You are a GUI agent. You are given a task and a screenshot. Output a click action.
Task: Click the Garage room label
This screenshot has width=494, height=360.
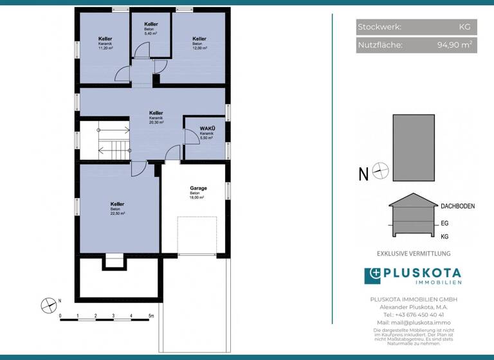[x=198, y=188]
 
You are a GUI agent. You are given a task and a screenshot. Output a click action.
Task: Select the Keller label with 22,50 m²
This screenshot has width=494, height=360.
[x=116, y=204]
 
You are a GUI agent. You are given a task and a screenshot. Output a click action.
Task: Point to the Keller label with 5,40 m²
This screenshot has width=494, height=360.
[x=151, y=24]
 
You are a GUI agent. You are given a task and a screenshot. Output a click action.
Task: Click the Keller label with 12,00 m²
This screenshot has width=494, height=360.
[x=199, y=39]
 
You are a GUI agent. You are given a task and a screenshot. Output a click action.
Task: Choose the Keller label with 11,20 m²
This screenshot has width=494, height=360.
[x=105, y=39]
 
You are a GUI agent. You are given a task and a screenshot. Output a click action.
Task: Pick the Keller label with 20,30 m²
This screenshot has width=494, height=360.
[x=156, y=113]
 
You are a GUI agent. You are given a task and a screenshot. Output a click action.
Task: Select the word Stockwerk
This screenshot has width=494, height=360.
[x=380, y=27]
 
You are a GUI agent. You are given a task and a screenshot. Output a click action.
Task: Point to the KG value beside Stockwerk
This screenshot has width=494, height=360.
[x=464, y=27]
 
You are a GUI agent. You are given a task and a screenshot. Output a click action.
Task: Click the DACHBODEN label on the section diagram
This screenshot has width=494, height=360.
[x=457, y=206]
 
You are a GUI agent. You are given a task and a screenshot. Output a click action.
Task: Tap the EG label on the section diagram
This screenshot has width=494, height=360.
[x=444, y=224]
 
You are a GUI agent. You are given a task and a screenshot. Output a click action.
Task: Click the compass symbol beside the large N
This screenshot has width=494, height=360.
[x=381, y=172]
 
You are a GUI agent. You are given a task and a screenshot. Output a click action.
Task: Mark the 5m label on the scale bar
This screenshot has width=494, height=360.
[x=151, y=316]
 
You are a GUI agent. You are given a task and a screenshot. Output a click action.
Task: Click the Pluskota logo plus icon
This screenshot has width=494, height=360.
[x=373, y=276]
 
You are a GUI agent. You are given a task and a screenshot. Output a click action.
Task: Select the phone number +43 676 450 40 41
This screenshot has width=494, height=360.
[x=413, y=314]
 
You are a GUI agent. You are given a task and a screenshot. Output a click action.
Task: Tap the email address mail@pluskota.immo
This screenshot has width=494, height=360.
[x=414, y=322]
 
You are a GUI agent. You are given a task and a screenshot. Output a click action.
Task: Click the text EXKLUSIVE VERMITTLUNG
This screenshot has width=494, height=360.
[x=414, y=254]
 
